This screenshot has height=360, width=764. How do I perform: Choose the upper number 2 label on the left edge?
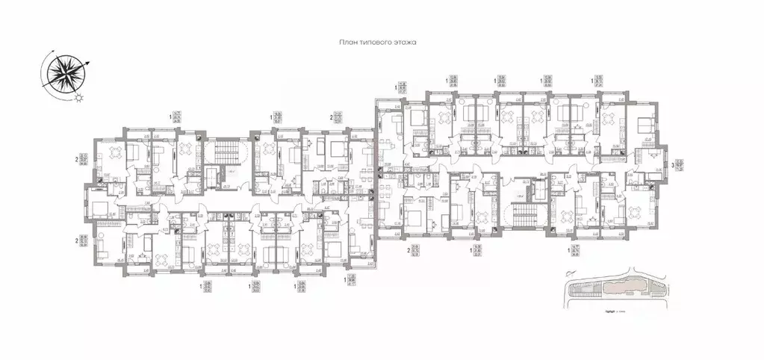pyautogui.click(x=76, y=159)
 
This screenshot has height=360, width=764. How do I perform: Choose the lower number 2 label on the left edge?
pyautogui.click(x=76, y=240)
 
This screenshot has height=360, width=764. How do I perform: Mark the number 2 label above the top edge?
pyautogui.click(x=331, y=117)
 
